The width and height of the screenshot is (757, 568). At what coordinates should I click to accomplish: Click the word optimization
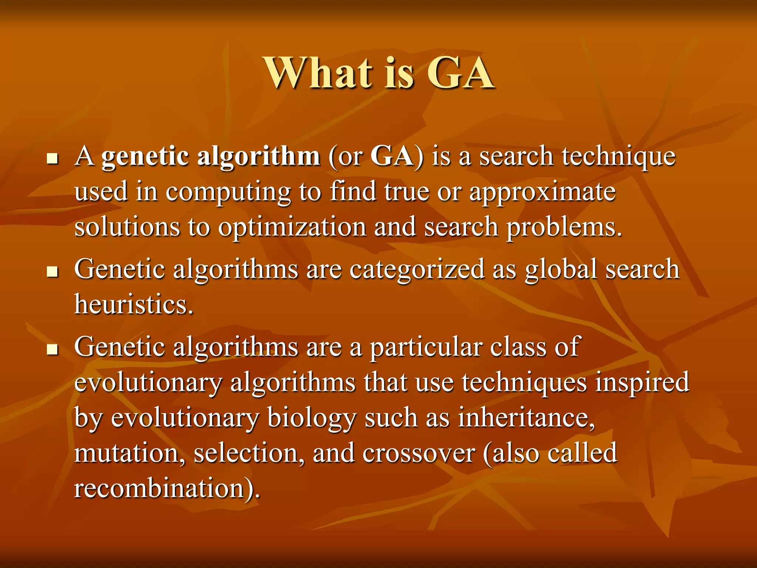click(x=292, y=227)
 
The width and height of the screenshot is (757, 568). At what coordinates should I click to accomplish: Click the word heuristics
click(x=133, y=305)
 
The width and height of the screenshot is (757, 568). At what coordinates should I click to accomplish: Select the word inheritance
click(x=526, y=418)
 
